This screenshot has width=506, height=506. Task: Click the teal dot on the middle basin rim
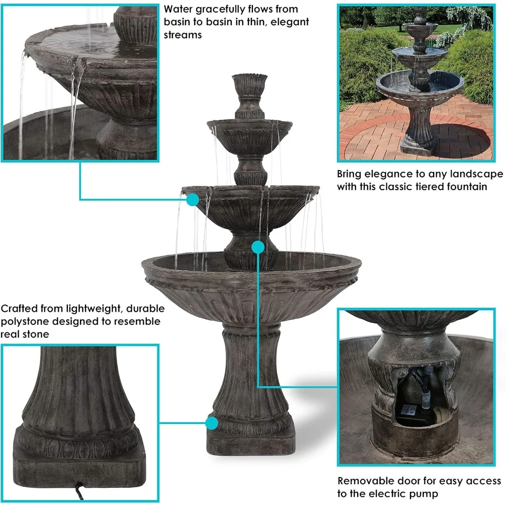tap(192, 200)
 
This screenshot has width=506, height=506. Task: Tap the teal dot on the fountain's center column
tap(258, 247)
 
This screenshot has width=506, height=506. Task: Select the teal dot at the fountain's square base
tap(212, 423)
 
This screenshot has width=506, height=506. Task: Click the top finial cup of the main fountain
tap(249, 84)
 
